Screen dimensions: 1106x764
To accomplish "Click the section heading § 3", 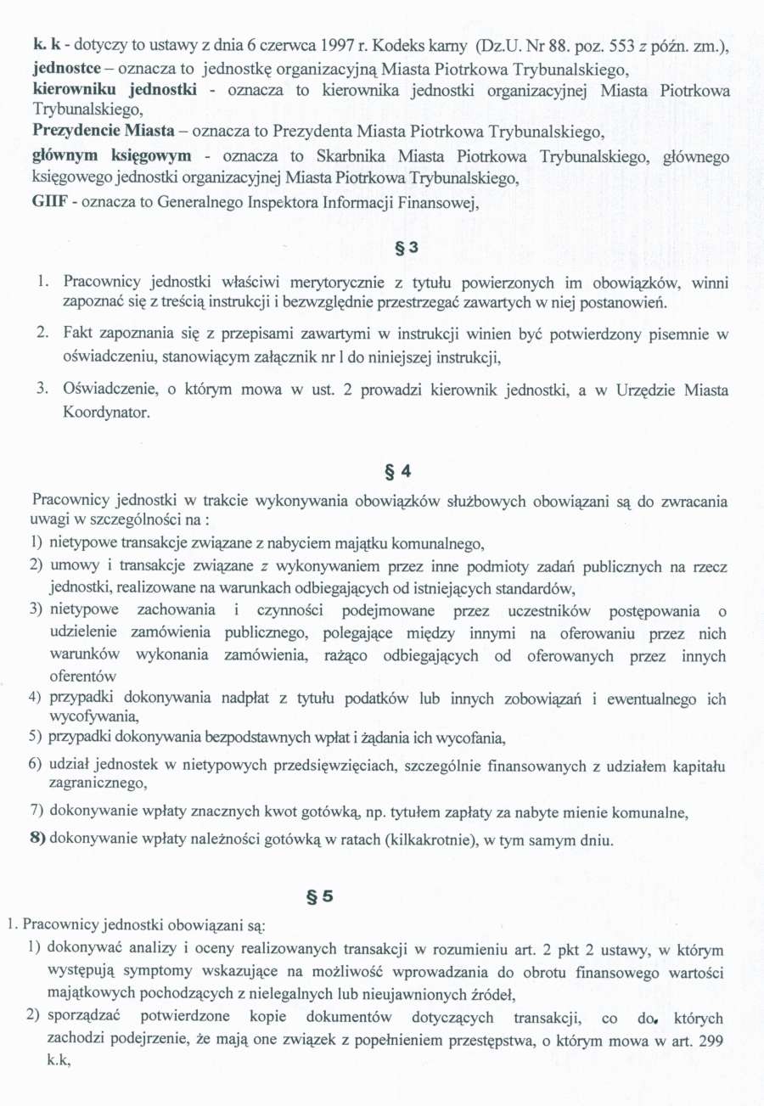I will tap(407, 249).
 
